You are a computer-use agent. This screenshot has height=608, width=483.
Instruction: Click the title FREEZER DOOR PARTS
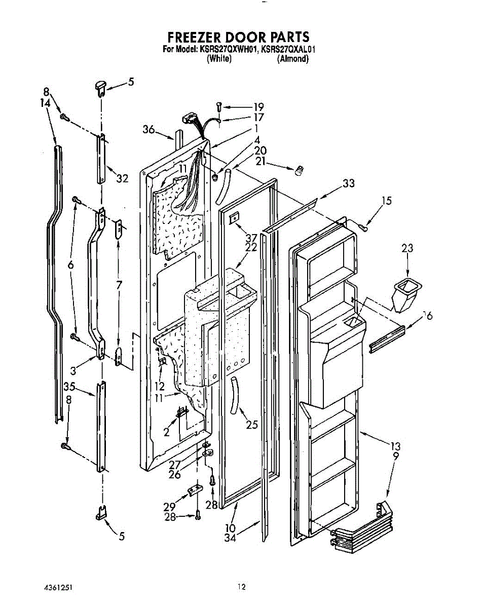click(238, 37)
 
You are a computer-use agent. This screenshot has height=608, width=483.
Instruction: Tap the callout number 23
click(407, 248)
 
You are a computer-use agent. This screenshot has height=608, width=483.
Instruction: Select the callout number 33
click(348, 183)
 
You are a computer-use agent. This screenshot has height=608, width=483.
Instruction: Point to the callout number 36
click(148, 130)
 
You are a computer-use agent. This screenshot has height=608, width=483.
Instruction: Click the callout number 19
click(259, 107)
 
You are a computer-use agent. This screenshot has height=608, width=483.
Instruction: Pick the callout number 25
click(252, 425)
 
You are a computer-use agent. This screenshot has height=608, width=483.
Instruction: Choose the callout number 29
click(169, 506)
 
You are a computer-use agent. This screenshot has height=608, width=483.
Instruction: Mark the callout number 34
click(231, 538)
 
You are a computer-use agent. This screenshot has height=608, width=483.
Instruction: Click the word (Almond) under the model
click(292, 59)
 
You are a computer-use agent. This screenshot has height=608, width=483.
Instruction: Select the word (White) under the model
click(219, 59)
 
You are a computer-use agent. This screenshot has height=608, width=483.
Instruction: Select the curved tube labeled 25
click(235, 391)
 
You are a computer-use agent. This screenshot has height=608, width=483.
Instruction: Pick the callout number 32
click(122, 178)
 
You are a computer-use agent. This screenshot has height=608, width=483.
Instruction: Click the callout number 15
click(387, 201)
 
